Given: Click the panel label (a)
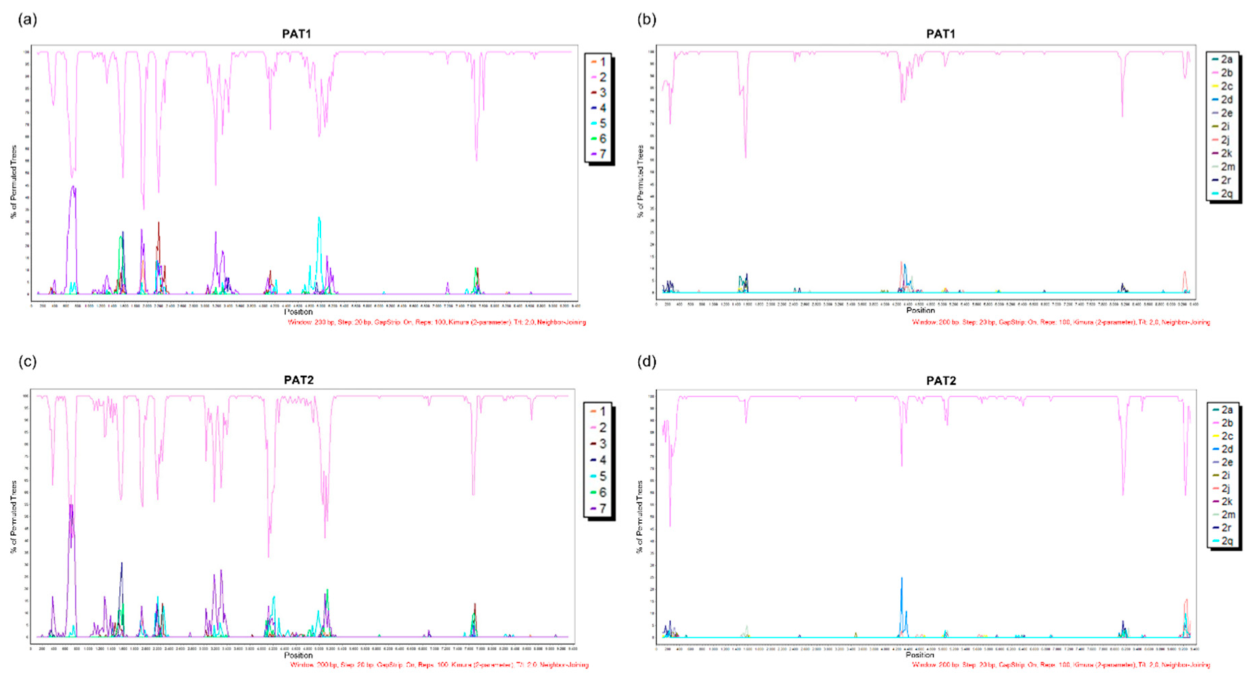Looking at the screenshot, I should tap(27, 20).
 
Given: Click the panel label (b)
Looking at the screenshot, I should tap(647, 20).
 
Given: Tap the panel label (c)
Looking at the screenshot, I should tap(27, 362).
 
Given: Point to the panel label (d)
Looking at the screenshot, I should tap(647, 362).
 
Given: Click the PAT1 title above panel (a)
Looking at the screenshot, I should tap(296, 34).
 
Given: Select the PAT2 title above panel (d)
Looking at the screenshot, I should tap(941, 381).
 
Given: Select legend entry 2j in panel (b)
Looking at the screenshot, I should tap(1225, 140).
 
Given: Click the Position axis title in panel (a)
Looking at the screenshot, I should tap(298, 312).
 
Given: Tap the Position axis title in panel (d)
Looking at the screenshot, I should tap(920, 655).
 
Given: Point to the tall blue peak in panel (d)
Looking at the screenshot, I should tap(902, 580).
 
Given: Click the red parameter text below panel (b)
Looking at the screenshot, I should tap(1061, 322).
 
